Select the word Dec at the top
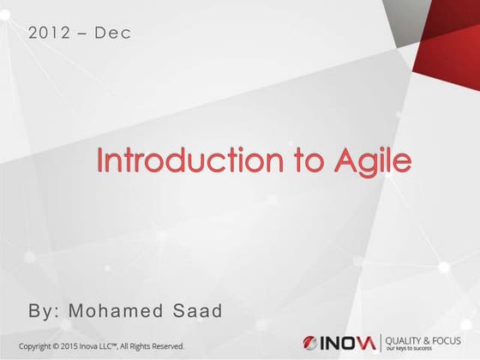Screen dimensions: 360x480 [112, 34]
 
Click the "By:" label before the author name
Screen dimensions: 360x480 [46, 310]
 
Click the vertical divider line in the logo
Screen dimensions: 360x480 [384, 344]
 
